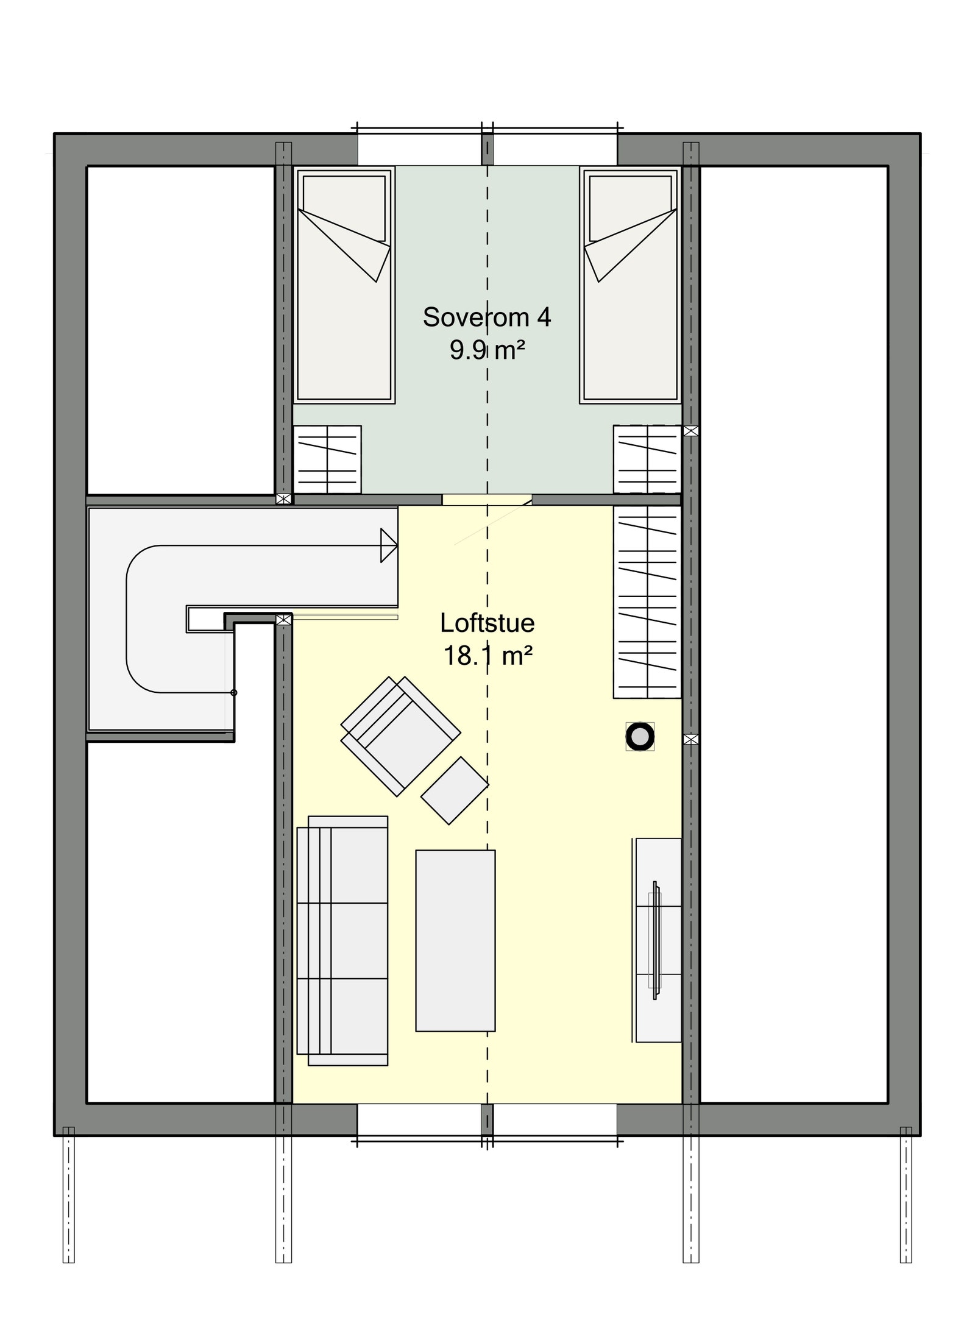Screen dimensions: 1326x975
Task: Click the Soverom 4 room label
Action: tap(486, 317)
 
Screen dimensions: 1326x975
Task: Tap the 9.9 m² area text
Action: tap(486, 351)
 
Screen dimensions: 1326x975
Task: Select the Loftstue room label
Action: tap(487, 623)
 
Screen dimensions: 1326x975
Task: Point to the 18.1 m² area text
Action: tap(487, 656)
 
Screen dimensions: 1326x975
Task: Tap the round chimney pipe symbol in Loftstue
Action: tap(639, 737)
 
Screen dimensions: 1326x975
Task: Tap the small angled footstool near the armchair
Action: tap(455, 790)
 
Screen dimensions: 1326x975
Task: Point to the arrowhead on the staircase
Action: tap(388, 545)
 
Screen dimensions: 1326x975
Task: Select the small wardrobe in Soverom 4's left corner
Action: tap(327, 459)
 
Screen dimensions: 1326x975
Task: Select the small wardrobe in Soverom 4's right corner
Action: tap(646, 459)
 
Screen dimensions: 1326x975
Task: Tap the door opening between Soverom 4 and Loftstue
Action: tap(486, 500)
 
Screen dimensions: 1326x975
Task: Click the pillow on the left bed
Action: tap(344, 208)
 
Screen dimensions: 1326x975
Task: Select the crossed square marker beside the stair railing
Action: tap(283, 620)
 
